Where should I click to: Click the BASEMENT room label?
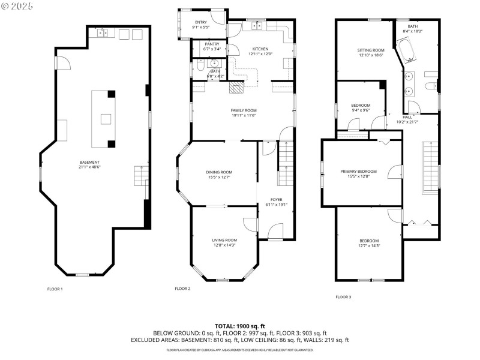(x=89, y=162)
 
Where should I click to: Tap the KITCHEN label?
(x=260, y=49)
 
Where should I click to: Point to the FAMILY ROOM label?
(x=244, y=110)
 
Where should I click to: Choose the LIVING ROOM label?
(x=224, y=240)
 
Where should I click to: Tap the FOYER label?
(x=276, y=199)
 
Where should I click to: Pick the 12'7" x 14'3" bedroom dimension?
(x=369, y=245)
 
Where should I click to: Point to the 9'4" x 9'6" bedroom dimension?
(x=360, y=110)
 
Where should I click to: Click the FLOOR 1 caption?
(x=55, y=289)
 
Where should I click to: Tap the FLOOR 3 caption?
(x=343, y=297)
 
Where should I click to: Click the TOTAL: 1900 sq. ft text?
(x=239, y=326)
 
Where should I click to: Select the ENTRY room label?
(x=200, y=22)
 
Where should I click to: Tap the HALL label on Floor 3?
(x=407, y=118)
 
